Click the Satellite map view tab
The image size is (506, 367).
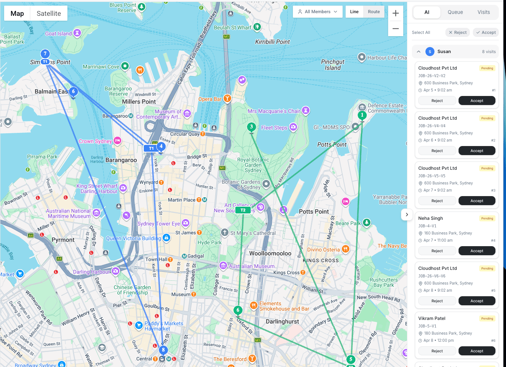pyautogui.click(x=49, y=14)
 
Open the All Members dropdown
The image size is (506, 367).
pyautogui.click(x=317, y=12)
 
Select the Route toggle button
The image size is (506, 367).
pyautogui.click(x=373, y=12)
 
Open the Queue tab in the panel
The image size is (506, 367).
pyautogui.click(x=455, y=12)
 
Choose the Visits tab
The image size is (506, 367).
pyautogui.click(x=483, y=12)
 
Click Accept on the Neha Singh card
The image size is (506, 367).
pyautogui.click(x=476, y=251)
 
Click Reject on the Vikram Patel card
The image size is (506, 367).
pyautogui.click(x=437, y=351)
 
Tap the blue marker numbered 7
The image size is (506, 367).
pyautogui.click(x=45, y=54)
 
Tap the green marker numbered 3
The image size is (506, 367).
pyautogui.click(x=251, y=127)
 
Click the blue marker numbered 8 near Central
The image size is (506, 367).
pyautogui.click(x=163, y=350)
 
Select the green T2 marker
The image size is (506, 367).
pyautogui.click(x=243, y=210)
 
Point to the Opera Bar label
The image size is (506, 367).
pyautogui.click(x=210, y=99)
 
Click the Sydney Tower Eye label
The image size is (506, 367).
pyautogui.click(x=159, y=224)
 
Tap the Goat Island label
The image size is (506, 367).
pyautogui.click(x=58, y=34)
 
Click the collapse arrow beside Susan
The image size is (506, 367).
pyautogui.click(x=418, y=52)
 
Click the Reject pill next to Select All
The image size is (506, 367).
pyautogui.click(x=457, y=32)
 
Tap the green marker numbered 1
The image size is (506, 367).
pyautogui.click(x=362, y=115)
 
